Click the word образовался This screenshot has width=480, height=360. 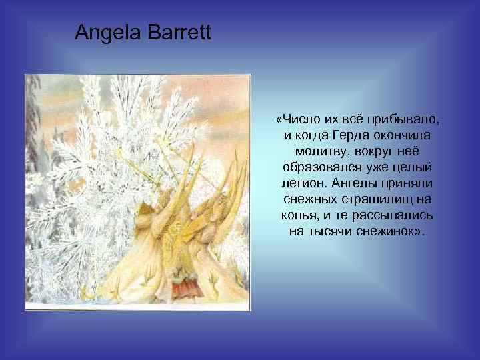(321, 167)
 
